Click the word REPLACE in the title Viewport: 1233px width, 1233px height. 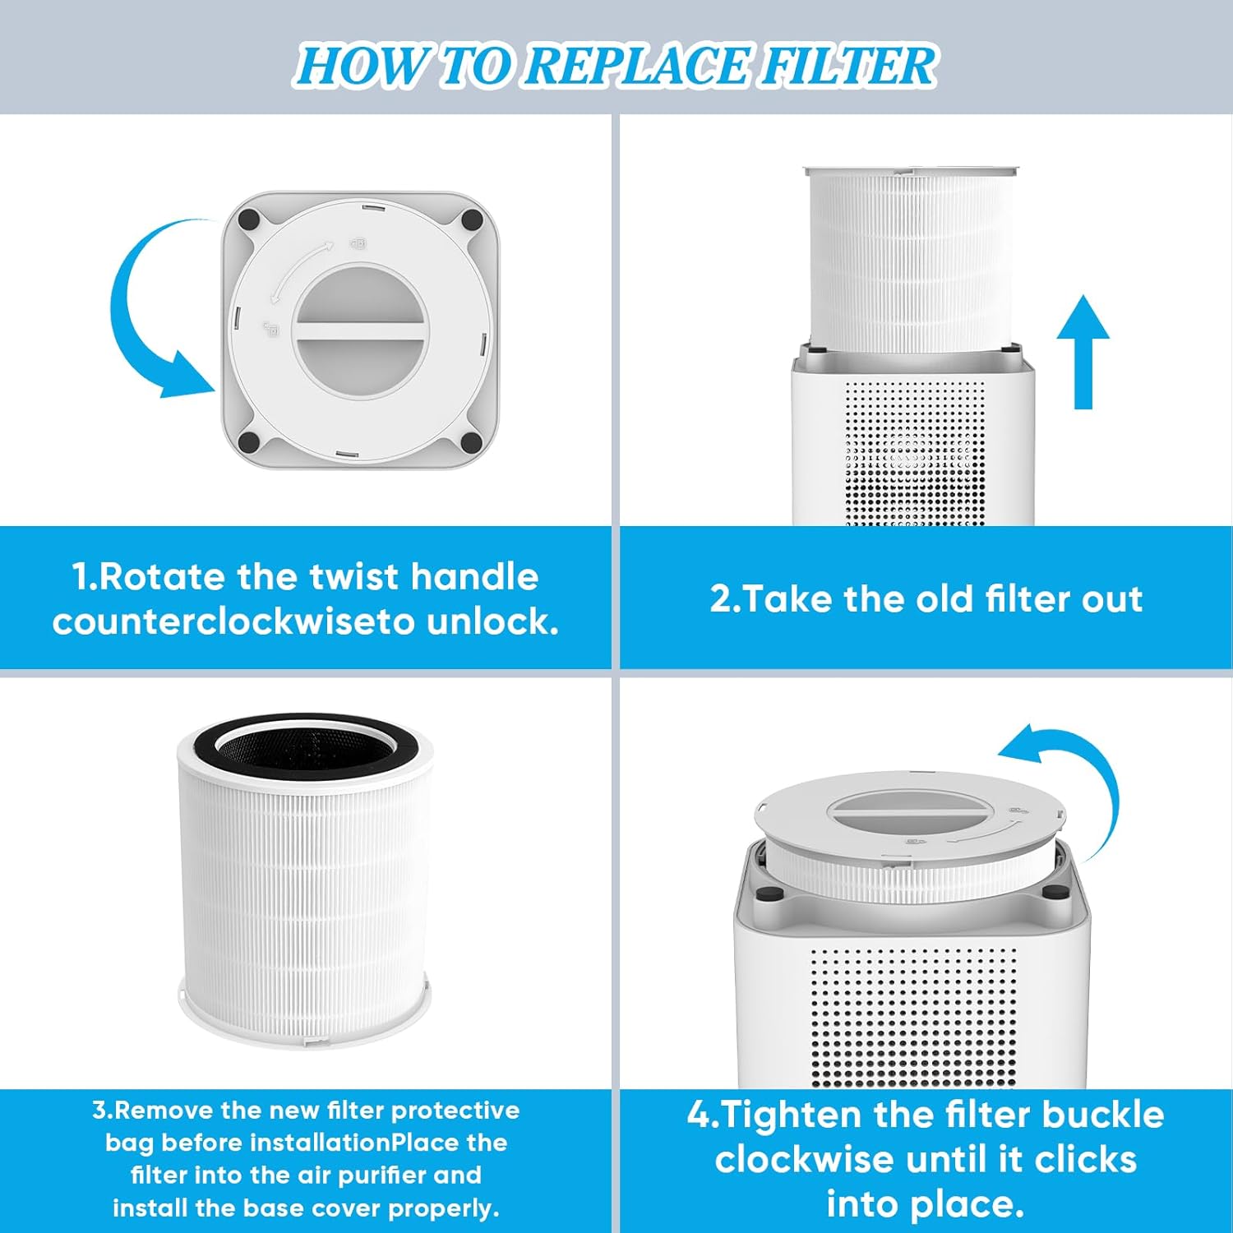point(637,66)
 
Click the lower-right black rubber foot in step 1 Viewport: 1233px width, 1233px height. point(471,442)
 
